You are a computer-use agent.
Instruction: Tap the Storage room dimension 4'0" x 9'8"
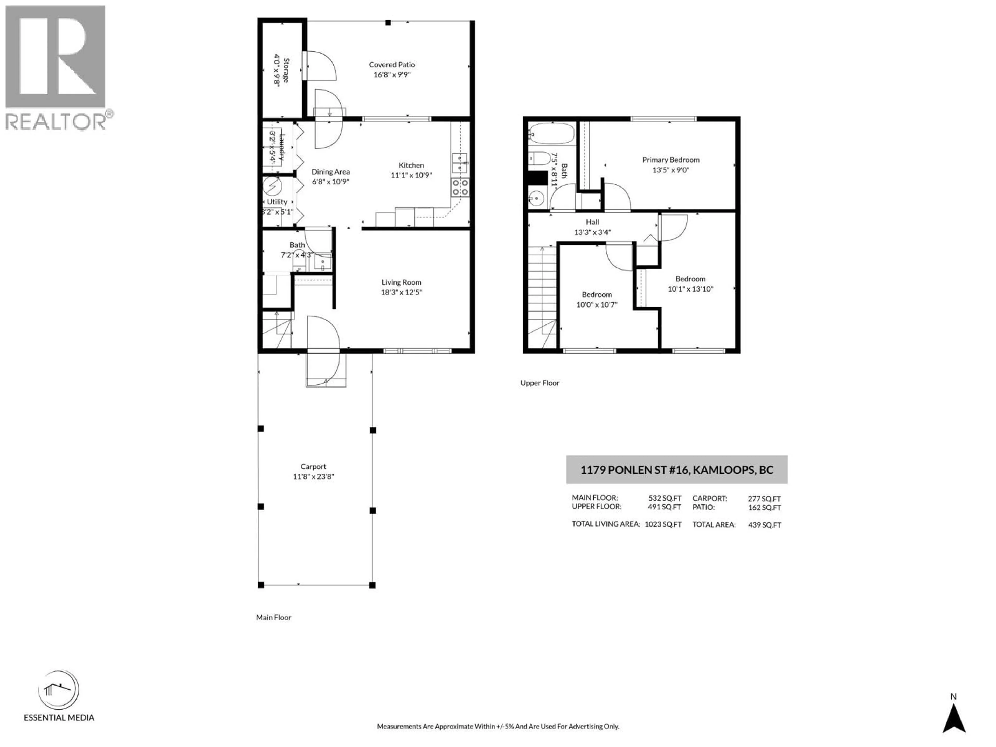pyautogui.click(x=276, y=71)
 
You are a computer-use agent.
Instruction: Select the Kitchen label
pyautogui.click(x=411, y=165)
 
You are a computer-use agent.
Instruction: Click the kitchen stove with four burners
pyautogui.click(x=460, y=188)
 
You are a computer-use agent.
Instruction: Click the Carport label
pyautogui.click(x=313, y=466)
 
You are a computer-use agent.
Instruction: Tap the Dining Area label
pyautogui.click(x=330, y=171)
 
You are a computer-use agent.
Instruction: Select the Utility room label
pyautogui.click(x=277, y=202)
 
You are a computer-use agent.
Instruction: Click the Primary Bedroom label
pyautogui.click(x=670, y=160)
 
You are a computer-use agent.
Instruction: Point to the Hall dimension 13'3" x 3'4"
pyautogui.click(x=592, y=232)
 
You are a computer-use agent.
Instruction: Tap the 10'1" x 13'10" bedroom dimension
pyautogui.click(x=690, y=289)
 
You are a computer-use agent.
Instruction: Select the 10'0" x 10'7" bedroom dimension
pyautogui.click(x=597, y=305)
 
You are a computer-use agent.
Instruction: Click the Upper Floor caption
pyautogui.click(x=539, y=383)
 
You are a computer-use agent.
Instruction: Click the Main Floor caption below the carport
pyautogui.click(x=273, y=617)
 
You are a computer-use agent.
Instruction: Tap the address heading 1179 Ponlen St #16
pyautogui.click(x=676, y=470)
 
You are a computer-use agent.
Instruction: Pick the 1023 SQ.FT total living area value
pyautogui.click(x=663, y=524)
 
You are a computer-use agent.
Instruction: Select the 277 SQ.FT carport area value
pyautogui.click(x=764, y=499)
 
